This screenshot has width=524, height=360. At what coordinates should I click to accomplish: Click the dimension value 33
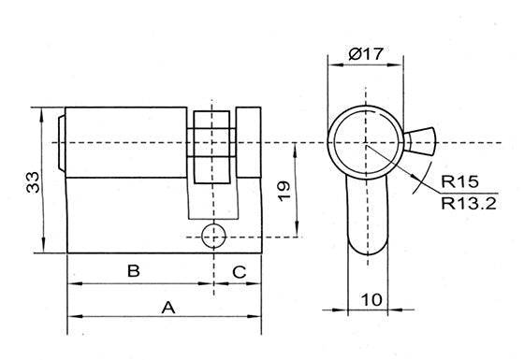tap(33, 182)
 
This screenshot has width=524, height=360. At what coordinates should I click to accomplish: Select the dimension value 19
tap(284, 191)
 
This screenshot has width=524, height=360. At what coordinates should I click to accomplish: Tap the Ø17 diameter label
tap(366, 54)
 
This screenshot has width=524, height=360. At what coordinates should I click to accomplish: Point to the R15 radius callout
tap(459, 181)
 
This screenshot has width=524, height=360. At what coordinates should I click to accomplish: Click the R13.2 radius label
tap(469, 203)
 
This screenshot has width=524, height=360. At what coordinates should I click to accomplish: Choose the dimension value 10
tap(371, 299)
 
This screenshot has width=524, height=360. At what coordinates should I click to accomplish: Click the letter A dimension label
tap(168, 308)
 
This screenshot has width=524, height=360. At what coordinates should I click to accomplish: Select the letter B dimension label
tap(134, 271)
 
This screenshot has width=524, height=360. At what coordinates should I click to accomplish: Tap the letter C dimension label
tap(240, 272)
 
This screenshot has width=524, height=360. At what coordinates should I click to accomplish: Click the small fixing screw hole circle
tap(213, 236)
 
